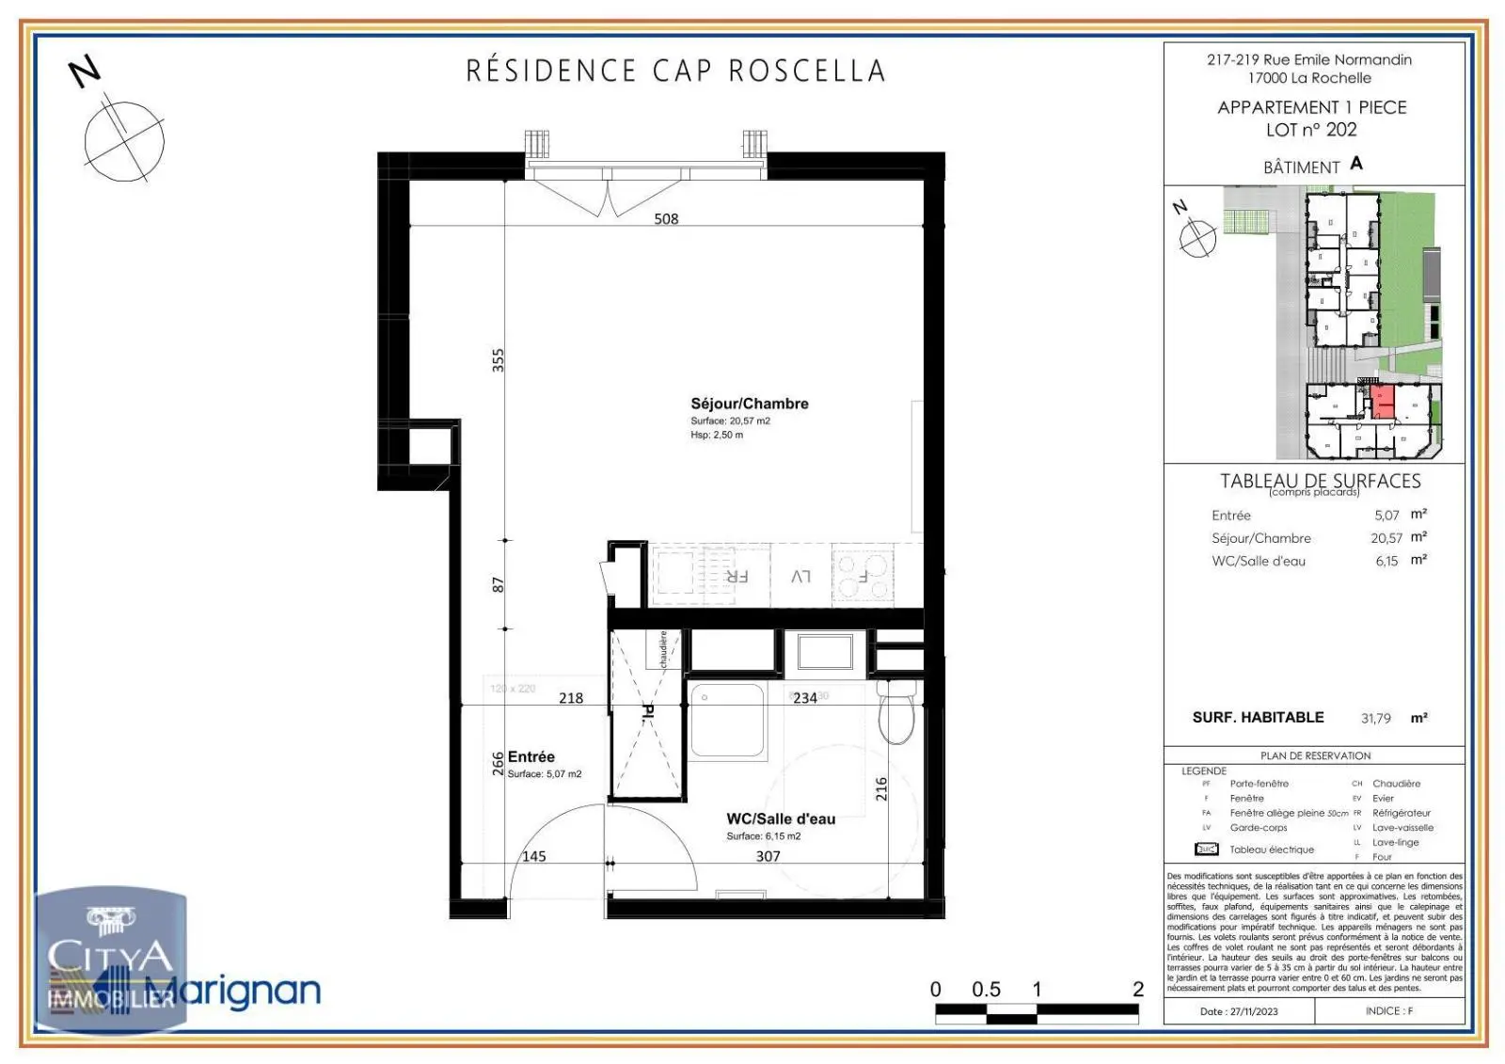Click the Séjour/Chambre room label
pos(749,404)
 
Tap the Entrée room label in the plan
pos(531,756)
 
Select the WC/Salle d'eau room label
pos(780,818)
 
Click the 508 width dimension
pos(666,219)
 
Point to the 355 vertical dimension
pos(499,360)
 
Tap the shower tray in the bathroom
pos(727,720)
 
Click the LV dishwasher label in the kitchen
pos(800,576)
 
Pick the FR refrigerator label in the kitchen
pos(736,576)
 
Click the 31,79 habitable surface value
pos(1375,718)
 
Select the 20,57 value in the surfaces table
pos(1386,538)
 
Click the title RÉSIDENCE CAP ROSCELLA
pos(675,71)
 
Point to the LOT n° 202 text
pos(1311,130)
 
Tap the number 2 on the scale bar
pos(1138,989)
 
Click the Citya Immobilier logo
pos(111,960)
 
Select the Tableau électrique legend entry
pos(1271,850)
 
